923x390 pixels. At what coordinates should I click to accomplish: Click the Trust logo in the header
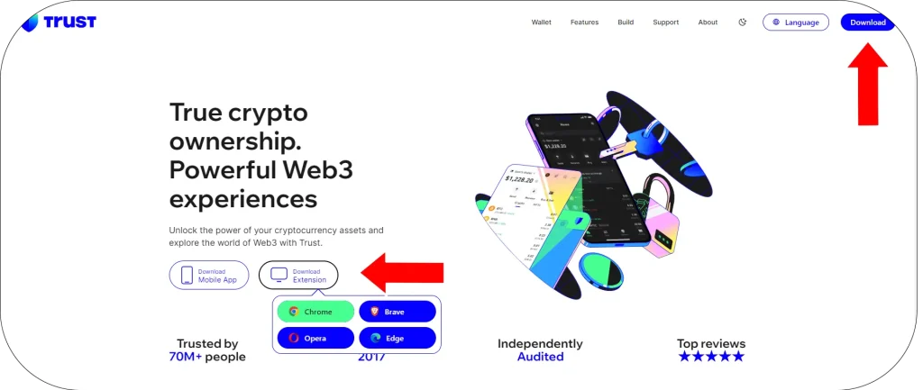coord(59,22)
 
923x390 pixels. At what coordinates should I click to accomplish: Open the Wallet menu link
coord(541,23)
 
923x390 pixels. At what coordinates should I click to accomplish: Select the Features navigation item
coord(584,23)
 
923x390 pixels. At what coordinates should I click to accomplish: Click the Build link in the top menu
coord(626,23)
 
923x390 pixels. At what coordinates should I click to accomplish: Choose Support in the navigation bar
coord(666,23)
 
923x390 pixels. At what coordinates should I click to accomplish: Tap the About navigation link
coord(708,23)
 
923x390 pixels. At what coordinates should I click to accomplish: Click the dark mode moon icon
coord(743,23)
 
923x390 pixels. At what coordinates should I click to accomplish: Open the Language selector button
coord(795,23)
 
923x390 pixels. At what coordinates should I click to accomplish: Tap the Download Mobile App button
coord(209,275)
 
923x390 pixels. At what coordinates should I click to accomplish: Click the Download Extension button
coord(298,275)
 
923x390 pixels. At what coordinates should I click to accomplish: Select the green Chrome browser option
coord(315,312)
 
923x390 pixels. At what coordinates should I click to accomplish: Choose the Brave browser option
coord(398,312)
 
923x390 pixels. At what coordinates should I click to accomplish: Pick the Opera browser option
coord(315,338)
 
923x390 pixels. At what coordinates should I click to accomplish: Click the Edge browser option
coord(398,338)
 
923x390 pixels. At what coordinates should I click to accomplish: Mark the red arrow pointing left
coord(402,273)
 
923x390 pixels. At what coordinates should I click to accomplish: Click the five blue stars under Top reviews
coord(711,357)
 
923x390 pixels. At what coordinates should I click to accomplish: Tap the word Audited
coord(540,357)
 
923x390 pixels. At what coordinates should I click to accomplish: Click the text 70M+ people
coord(207,357)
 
